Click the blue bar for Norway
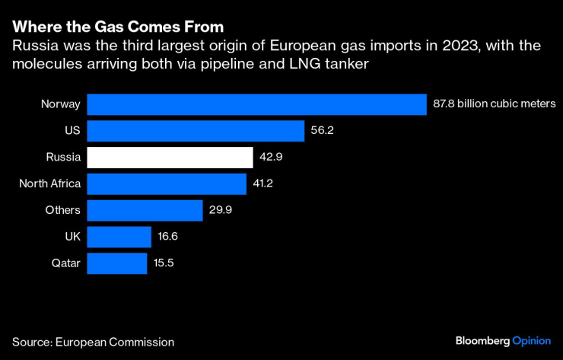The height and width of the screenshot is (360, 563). [256, 104]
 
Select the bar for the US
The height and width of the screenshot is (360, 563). [196, 131]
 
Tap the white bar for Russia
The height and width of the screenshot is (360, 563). [170, 158]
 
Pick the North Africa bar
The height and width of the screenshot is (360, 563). [167, 183]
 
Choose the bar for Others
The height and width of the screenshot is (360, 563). [145, 210]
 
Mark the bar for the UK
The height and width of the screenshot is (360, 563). [119, 237]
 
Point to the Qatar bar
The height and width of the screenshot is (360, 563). [116, 263]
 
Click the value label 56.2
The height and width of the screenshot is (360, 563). [323, 131]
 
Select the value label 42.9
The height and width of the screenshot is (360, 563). [271, 158]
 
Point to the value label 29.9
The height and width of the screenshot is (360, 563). [221, 211]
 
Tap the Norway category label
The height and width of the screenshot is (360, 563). [60, 104]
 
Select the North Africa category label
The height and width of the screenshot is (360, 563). [49, 184]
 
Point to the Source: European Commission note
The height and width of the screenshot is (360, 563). [93, 342]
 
